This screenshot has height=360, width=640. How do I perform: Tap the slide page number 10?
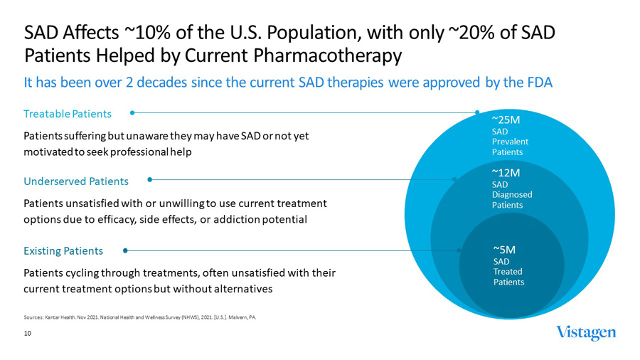[x=27, y=333]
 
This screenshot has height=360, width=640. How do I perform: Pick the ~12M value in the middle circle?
[x=506, y=172]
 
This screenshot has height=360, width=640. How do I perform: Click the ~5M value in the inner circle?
[x=504, y=249]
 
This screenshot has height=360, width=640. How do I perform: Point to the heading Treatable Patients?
[x=68, y=114]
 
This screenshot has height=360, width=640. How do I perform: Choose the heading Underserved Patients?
[x=76, y=181]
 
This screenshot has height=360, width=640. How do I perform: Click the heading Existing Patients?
[x=63, y=250]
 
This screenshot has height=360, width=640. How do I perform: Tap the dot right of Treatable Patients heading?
[x=132, y=112]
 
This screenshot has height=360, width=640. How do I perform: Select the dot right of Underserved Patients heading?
[x=149, y=179]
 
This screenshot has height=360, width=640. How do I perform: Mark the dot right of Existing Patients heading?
[x=125, y=250]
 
